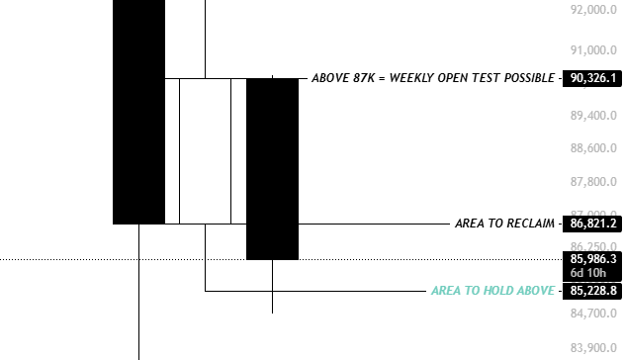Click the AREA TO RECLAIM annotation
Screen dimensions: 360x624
(x=503, y=224)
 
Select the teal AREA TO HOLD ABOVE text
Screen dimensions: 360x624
(x=491, y=291)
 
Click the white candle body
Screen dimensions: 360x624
(x=205, y=150)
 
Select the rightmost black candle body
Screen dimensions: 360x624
(x=272, y=168)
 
